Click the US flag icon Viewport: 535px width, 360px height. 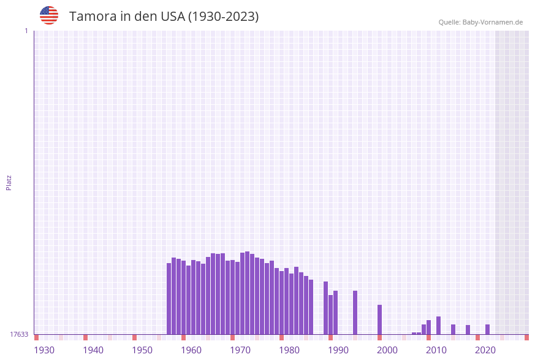click(49, 15)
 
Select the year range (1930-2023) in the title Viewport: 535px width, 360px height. click(223, 17)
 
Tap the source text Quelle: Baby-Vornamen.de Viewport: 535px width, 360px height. click(480, 22)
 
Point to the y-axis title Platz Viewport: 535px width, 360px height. click(9, 182)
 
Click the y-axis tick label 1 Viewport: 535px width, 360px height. click(26, 31)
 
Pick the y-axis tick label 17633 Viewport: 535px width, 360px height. click(19, 334)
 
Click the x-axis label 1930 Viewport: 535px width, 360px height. click(44, 350)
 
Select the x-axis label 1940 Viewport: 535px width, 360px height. click(93, 350)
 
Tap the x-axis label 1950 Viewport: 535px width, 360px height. click(142, 350)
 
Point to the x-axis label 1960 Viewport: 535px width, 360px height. click(191, 350)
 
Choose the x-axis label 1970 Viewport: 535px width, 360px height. click(240, 350)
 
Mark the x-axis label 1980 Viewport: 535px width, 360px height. click(289, 350)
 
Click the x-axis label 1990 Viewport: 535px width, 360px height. click(338, 350)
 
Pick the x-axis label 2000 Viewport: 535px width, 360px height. click(387, 350)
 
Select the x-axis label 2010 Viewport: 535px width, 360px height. click(436, 350)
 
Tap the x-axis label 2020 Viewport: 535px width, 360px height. click(485, 350)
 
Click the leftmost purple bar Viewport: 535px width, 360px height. click(169, 299)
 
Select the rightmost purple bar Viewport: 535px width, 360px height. click(487, 329)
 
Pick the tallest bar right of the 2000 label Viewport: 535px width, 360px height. click(438, 325)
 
